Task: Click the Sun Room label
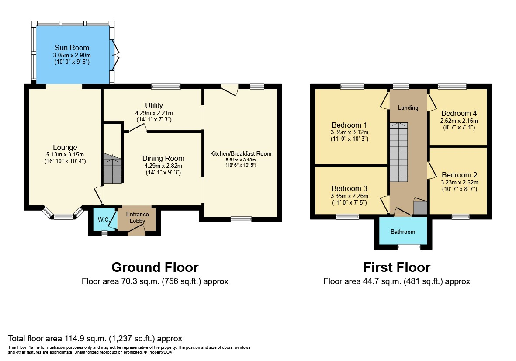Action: coord(72,48)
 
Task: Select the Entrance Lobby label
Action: coord(137,218)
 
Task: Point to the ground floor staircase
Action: coord(113,168)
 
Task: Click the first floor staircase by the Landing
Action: coord(398,152)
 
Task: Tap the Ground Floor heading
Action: coord(155,267)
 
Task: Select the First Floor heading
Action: coord(397,267)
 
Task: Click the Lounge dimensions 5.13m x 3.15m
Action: coord(65,154)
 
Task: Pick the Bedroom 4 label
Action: coord(459,114)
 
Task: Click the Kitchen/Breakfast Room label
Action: coord(241,153)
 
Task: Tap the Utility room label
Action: coord(154,105)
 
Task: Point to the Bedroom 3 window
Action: coord(347,216)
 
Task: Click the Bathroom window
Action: coord(409,247)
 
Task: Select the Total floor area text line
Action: coord(95,338)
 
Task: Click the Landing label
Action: coord(408,108)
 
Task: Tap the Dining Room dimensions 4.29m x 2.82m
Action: coord(163,166)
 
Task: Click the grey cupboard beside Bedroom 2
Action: coord(420,208)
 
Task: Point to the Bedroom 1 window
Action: coord(353,87)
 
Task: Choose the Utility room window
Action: coord(166,87)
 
